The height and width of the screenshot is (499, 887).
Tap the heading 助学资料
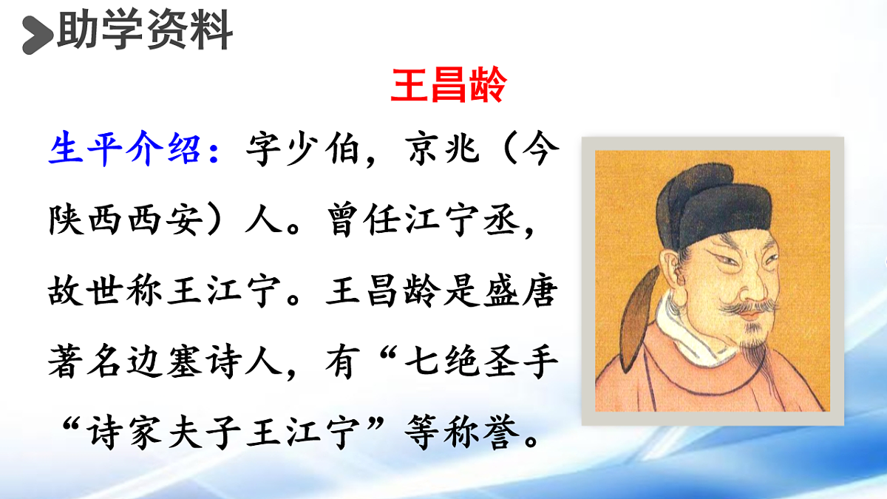(145, 33)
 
